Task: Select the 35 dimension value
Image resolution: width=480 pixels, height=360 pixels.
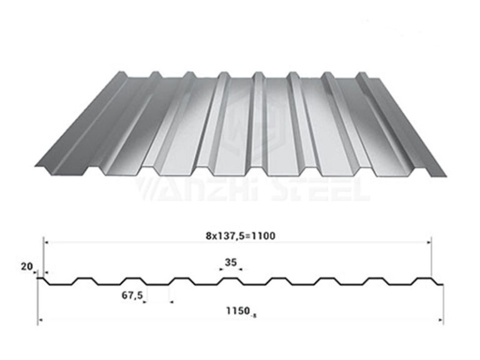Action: tap(231, 263)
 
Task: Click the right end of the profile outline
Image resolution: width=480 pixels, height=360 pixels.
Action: tap(443, 285)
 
